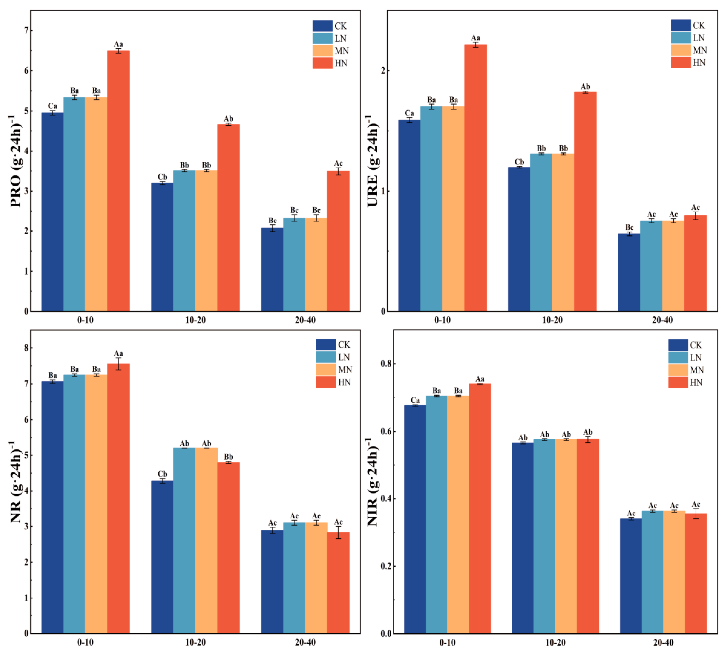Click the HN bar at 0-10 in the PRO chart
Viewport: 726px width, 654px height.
(118, 181)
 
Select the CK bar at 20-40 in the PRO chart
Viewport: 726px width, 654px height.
(272, 269)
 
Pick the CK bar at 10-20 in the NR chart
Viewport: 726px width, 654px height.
(162, 557)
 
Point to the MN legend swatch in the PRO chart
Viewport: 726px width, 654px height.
(322, 51)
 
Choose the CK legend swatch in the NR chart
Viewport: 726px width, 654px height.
(326, 345)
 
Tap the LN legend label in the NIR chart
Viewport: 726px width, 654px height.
(695, 358)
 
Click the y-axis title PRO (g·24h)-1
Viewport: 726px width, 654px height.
(15, 161)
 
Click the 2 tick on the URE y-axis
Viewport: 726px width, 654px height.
(383, 71)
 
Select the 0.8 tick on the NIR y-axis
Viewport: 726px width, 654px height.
(386, 364)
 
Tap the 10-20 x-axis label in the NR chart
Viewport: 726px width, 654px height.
(195, 642)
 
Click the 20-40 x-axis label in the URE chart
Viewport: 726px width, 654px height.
(662, 320)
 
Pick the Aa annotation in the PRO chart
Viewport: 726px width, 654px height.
(118, 44)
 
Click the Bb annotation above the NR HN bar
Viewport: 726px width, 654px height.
(228, 457)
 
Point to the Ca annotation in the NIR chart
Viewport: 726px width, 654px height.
(415, 400)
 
